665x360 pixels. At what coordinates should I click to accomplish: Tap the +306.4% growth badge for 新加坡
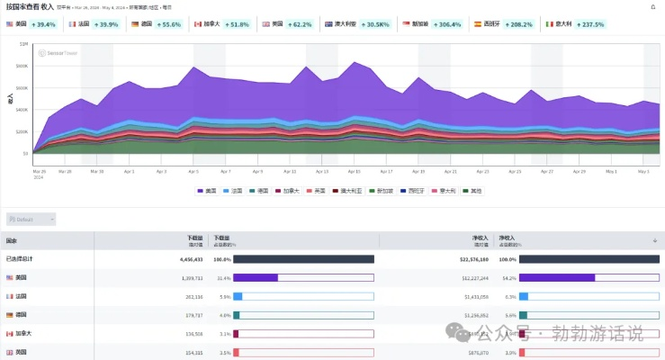point(446,24)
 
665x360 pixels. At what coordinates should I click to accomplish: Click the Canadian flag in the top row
point(198,24)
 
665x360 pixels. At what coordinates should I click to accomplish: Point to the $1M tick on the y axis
point(23,44)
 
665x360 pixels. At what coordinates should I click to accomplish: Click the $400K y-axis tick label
point(22,110)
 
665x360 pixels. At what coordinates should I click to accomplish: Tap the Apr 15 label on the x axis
point(354,171)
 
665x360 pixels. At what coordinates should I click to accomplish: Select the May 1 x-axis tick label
point(611,171)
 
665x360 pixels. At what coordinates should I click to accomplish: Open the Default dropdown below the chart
point(31,219)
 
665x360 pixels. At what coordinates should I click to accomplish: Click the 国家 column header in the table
point(12,241)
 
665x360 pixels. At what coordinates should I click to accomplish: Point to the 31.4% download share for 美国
point(222,277)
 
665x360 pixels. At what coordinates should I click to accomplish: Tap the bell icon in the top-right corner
point(653,6)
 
